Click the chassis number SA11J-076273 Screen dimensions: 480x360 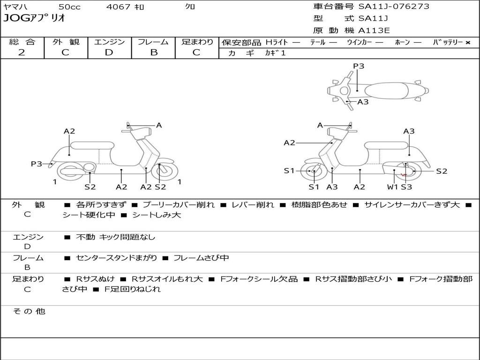tap(394, 7)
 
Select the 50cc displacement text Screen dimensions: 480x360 tap(69, 7)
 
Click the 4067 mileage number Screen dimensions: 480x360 tap(118, 7)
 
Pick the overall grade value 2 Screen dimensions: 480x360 tap(22, 52)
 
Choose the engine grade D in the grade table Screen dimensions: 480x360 tap(109, 52)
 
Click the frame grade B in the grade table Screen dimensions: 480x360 tap(154, 52)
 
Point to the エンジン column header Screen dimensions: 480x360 tap(109, 42)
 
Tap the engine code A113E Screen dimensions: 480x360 tap(374, 31)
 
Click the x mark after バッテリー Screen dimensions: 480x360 tap(468, 42)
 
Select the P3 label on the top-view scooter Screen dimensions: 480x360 tap(359, 66)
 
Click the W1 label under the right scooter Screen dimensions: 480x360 tap(392, 187)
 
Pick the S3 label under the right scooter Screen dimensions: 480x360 tap(406, 187)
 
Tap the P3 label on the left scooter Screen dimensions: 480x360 tap(37, 164)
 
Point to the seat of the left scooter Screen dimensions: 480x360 tap(92, 145)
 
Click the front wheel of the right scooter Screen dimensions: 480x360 tap(313, 172)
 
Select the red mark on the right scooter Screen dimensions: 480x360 tap(404, 175)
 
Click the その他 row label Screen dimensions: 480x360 tap(29, 311)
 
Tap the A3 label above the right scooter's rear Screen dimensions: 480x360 tap(409, 131)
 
